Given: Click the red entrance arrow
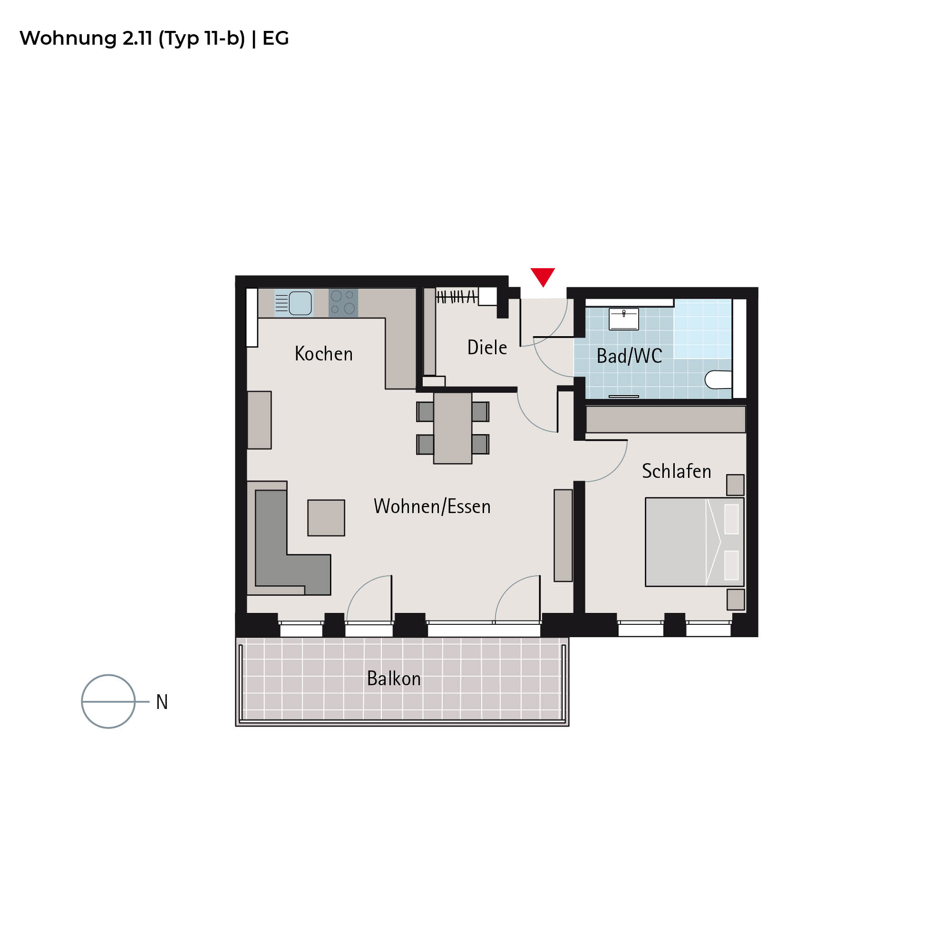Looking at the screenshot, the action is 543,276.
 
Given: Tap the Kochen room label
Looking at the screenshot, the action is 323,353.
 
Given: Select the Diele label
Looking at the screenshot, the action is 487,347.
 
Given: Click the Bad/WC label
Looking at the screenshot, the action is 629,355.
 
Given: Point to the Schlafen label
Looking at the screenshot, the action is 676,471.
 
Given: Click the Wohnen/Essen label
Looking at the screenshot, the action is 432,506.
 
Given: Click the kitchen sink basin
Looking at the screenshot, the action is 300,303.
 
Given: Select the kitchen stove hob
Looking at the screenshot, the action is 343,302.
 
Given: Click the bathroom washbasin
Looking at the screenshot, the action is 623,319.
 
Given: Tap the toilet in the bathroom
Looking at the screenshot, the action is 718,379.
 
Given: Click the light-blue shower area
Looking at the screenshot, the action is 702,328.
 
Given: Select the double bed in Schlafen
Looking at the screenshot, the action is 695,542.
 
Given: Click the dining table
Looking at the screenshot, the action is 452,428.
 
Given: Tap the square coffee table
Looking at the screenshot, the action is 326,517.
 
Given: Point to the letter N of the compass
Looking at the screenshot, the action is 162,701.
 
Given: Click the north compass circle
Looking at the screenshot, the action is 108,675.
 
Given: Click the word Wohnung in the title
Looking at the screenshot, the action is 68,39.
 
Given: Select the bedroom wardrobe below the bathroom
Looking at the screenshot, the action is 666,419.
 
